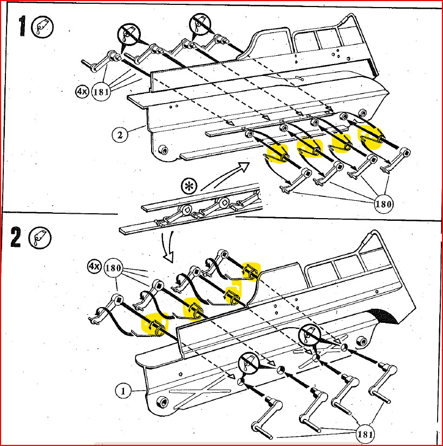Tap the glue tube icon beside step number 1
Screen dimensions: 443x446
[x=43, y=28]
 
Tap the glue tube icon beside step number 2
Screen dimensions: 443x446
[x=40, y=238]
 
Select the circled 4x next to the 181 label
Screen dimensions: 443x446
[x=82, y=91]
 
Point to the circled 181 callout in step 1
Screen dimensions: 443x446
[x=101, y=92]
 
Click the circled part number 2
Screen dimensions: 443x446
[x=120, y=135]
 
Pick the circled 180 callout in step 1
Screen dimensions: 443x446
[x=383, y=204]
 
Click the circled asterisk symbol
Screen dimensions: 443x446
[x=189, y=187]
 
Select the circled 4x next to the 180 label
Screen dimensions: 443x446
[x=94, y=267]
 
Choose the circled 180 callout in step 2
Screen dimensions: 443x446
[x=114, y=267]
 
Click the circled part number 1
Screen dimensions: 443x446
[x=123, y=391]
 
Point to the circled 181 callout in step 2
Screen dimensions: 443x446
[x=365, y=434]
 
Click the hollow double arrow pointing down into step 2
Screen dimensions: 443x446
[x=168, y=247]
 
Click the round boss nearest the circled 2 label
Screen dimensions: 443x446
[x=163, y=150]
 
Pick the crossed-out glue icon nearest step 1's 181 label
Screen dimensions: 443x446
[x=129, y=34]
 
